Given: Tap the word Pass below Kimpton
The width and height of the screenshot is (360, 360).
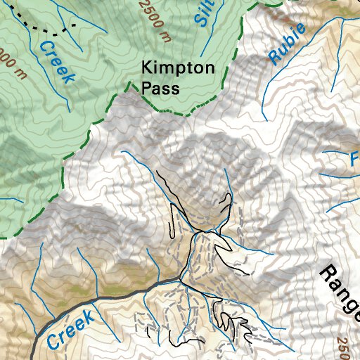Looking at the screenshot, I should pyautogui.click(x=160, y=88).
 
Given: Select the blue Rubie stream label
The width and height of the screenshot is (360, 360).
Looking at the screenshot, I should pyautogui.click(x=287, y=44).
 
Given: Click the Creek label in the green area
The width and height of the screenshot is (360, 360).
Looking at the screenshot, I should pyautogui.click(x=56, y=61).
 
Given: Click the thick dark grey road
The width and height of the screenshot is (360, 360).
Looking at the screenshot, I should pyautogui.click(x=105, y=295).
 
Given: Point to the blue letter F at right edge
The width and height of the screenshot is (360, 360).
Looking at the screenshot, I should pyautogui.click(x=354, y=160).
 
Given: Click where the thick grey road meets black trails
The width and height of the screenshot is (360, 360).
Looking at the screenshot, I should pyautogui.click(x=179, y=281).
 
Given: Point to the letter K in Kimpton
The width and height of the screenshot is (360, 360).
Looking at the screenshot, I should pyautogui.click(x=147, y=69).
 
